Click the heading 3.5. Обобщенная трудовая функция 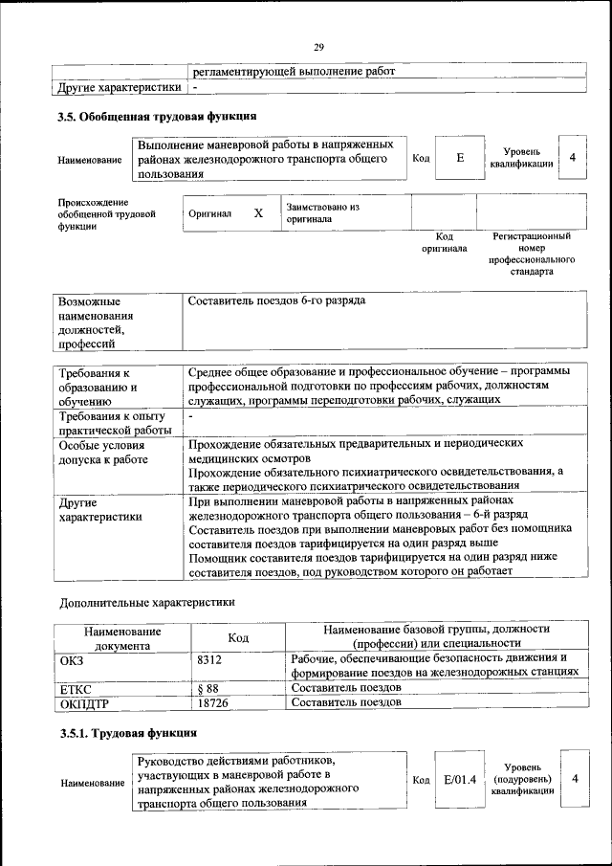click(157, 117)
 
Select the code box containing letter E click(460, 158)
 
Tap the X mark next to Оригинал click(258, 213)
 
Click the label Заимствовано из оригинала click(322, 212)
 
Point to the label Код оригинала click(444, 242)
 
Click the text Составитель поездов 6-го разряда click(277, 301)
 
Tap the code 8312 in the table click(210, 659)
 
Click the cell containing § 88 click(208, 687)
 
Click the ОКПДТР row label click(87, 703)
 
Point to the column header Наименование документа click(121, 638)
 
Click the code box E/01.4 click(460, 780)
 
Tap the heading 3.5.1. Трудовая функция click(128, 733)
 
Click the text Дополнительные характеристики click(146, 603)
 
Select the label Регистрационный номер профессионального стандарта click(531, 254)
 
